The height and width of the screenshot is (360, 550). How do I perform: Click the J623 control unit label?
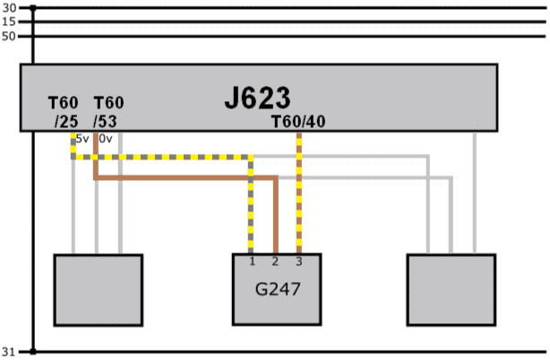click(x=258, y=97)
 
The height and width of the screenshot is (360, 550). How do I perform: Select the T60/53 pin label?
click(x=108, y=113)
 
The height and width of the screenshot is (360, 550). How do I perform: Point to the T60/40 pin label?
click(x=297, y=121)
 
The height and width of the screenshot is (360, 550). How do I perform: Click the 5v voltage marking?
click(x=82, y=139)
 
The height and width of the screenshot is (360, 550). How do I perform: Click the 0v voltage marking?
click(x=105, y=139)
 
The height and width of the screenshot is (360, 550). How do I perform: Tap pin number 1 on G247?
click(x=253, y=261)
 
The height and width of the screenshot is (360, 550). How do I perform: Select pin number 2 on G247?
click(x=275, y=261)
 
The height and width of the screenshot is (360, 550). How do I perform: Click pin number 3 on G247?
click(x=298, y=261)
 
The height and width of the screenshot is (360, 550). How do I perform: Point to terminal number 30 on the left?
click(x=10, y=7)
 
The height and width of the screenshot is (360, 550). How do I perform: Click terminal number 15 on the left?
click(x=10, y=21)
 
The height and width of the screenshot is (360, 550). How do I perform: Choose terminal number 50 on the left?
click(x=10, y=36)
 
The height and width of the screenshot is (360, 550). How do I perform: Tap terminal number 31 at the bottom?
click(x=10, y=351)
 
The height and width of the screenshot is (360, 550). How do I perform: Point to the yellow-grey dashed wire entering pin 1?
click(x=252, y=215)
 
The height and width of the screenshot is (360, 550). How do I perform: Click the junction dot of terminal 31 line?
click(x=32, y=351)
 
